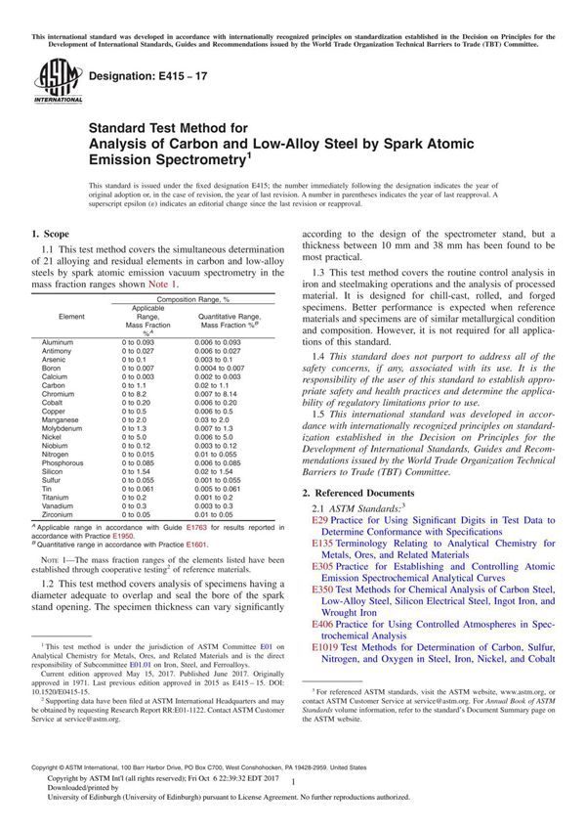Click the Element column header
[x=71, y=317]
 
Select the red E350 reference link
[x=323, y=590]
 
